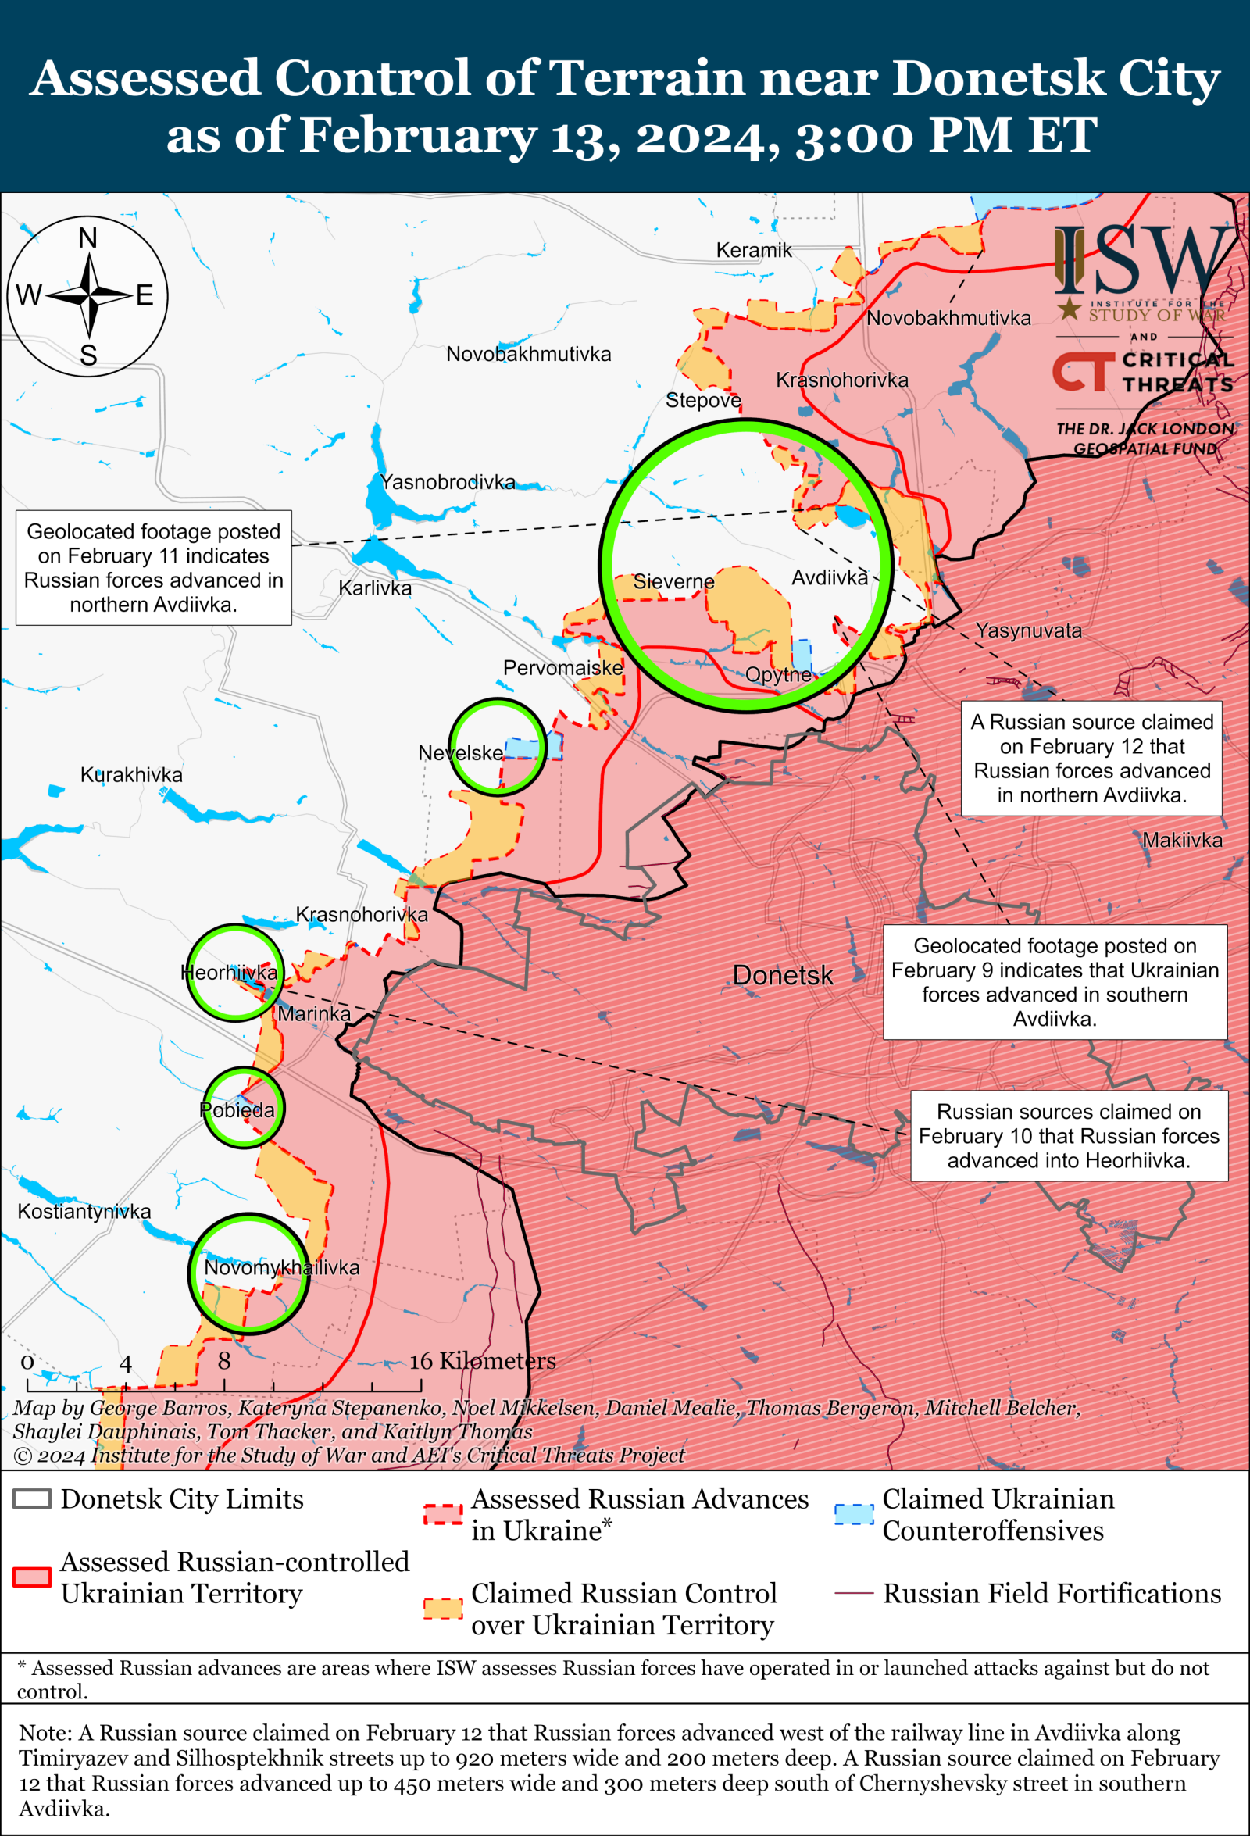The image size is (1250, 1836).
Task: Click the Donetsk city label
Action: [x=782, y=975]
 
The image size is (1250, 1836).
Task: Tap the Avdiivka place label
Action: [x=829, y=577]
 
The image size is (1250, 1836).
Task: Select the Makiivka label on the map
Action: [x=1182, y=840]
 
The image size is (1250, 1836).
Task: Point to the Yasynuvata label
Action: [x=1028, y=630]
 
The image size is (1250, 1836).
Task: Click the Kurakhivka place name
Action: [x=131, y=774]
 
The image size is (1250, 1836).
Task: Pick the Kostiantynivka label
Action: [x=84, y=1211]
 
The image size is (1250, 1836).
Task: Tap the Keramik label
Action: [x=753, y=251]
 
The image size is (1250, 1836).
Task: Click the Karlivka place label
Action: [x=374, y=588]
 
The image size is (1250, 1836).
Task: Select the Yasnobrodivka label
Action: [x=447, y=482]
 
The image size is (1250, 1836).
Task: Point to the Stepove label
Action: [x=702, y=400]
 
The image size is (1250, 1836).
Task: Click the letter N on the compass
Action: [x=87, y=238]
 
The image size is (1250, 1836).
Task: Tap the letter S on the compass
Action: [x=87, y=355]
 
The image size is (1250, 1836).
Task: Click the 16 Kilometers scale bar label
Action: [x=482, y=1360]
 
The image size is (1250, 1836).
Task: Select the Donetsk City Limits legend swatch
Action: [x=32, y=1498]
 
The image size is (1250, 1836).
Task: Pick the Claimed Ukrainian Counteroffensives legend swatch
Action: [x=854, y=1513]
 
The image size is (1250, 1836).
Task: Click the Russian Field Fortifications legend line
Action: [x=854, y=1593]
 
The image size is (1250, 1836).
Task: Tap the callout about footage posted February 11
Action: [x=153, y=567]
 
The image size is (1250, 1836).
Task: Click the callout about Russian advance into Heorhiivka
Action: [x=1068, y=1135]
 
